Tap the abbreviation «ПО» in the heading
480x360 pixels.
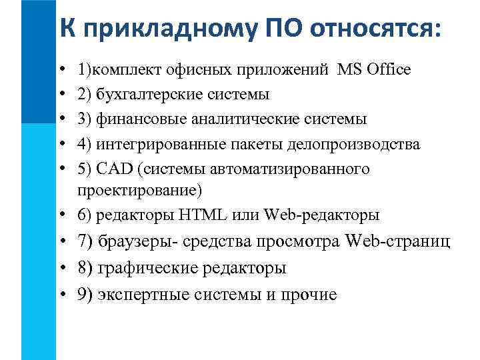[274, 28]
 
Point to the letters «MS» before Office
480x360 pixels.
[349, 69]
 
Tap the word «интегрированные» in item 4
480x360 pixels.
[153, 145]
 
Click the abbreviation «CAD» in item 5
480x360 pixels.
[111, 169]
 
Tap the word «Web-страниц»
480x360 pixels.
[399, 241]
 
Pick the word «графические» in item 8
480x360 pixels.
[141, 268]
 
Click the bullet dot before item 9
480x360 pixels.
[61, 295]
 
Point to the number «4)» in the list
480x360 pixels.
[85, 145]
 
